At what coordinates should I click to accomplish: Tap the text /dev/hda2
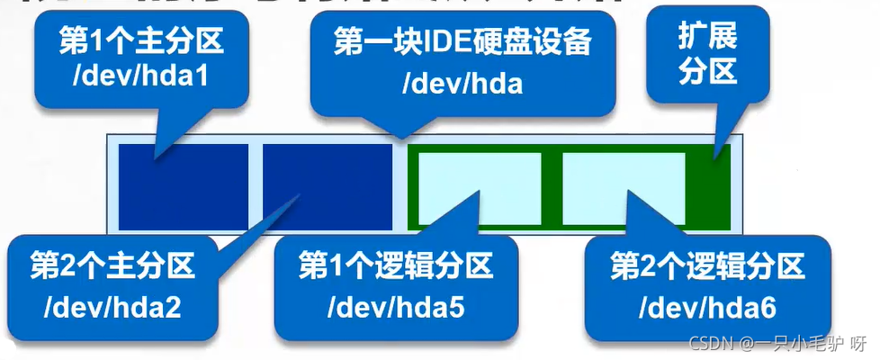pyautogui.click(x=112, y=308)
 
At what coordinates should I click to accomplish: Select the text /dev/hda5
pyautogui.click(x=396, y=308)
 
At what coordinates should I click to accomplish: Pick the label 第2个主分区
pyautogui.click(x=112, y=266)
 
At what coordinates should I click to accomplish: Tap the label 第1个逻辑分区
pyautogui.click(x=396, y=266)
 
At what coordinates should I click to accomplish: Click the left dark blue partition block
pyautogui.click(x=184, y=185)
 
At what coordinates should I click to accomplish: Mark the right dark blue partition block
pyautogui.click(x=328, y=185)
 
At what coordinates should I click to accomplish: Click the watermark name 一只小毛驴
pyautogui.click(x=799, y=345)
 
